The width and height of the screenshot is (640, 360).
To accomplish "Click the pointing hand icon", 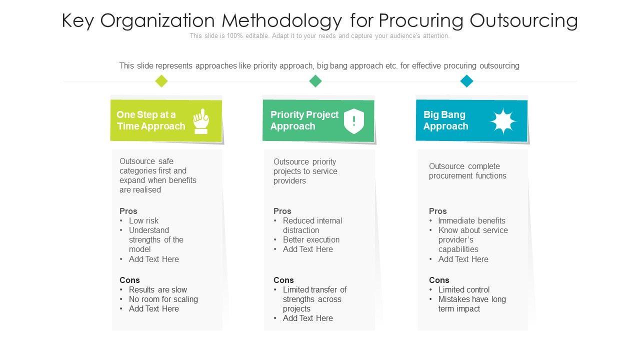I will (201, 121).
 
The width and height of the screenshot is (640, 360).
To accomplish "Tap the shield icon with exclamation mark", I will (354, 121).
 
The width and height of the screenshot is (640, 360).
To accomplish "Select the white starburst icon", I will (502, 121).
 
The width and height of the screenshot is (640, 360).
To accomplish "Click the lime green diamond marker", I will (161, 81).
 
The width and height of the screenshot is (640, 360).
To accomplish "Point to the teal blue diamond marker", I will (466, 81).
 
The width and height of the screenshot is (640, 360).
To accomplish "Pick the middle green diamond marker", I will (315, 81).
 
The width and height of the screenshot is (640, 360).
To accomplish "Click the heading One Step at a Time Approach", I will (150, 120).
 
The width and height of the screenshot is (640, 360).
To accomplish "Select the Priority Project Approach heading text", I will (304, 120).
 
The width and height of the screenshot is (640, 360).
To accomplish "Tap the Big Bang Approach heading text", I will (445, 120).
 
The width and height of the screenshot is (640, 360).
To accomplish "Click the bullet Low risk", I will (143, 220).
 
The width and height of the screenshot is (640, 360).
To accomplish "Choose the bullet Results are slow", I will (157, 289).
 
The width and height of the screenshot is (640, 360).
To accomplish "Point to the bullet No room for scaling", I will (163, 299).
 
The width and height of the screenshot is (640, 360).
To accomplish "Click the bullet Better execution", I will (311, 239).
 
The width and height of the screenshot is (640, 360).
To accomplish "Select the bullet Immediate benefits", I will (471, 220).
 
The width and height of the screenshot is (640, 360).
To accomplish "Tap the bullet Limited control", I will (463, 289).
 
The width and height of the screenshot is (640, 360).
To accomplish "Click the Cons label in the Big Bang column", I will (439, 280).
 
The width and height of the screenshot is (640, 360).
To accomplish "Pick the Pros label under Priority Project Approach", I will (282, 211).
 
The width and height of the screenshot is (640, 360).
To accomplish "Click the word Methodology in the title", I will (282, 21).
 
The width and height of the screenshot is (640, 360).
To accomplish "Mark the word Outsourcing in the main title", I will (524, 21).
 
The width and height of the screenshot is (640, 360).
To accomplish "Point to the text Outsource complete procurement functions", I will (467, 171).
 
